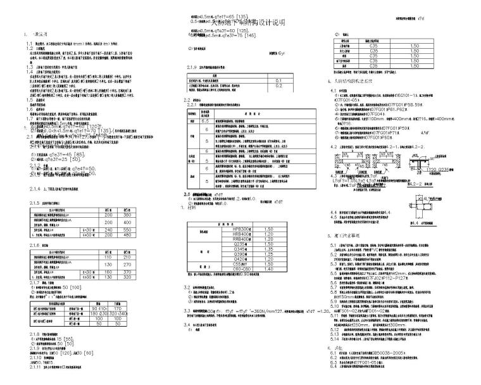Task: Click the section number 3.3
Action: click(x=188, y=311)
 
